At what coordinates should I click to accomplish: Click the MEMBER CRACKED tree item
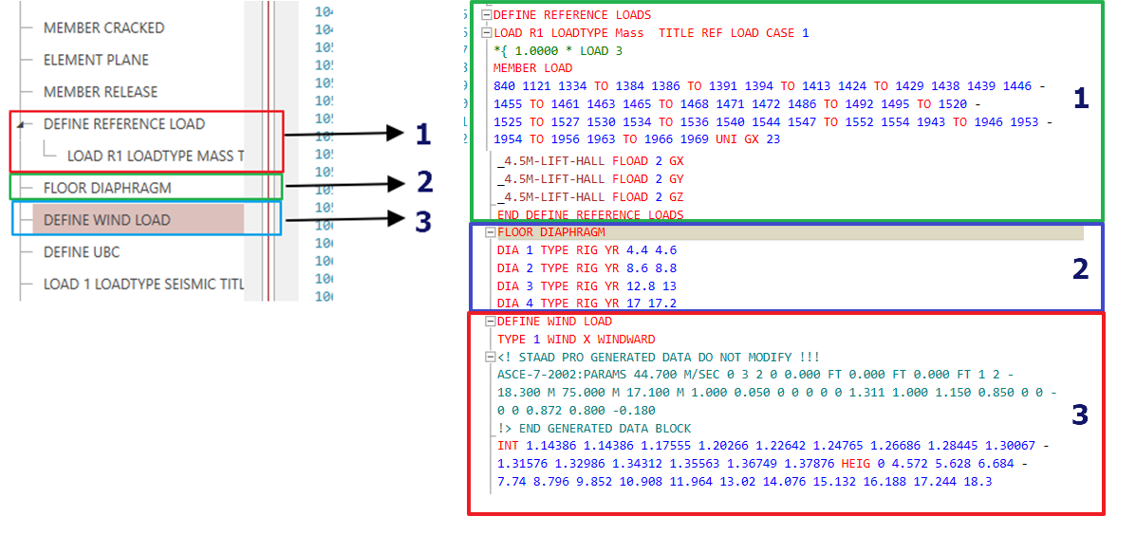[x=103, y=28]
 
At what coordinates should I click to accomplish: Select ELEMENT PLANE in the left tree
[x=96, y=60]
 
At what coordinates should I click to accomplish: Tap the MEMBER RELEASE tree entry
[x=101, y=92]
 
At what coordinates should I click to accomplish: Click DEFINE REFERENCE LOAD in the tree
[x=123, y=124]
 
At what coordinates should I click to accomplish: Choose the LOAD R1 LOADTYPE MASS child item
[x=155, y=156]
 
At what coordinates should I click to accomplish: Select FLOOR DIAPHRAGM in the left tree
[x=106, y=188]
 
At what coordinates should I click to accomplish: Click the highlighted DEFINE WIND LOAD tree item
[x=106, y=220]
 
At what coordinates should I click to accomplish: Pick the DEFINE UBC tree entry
[x=82, y=252]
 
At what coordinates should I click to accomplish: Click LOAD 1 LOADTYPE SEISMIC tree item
[x=143, y=285]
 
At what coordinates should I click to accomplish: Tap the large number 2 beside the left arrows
[x=423, y=181]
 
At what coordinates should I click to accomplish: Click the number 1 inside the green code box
[x=1079, y=99]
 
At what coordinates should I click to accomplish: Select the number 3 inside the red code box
[x=1079, y=414]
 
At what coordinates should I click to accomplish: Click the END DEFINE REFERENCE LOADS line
[x=590, y=215]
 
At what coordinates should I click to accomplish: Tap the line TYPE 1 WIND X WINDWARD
[x=576, y=339]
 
